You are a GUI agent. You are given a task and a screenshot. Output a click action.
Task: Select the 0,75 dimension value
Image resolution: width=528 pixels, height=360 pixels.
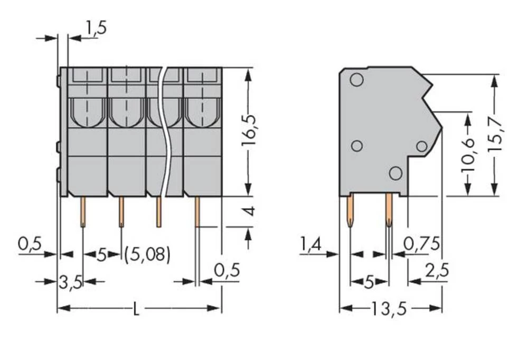pyautogui.click(x=421, y=243)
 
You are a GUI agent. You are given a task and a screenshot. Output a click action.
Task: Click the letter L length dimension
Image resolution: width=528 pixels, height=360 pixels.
pyautogui.click(x=136, y=309)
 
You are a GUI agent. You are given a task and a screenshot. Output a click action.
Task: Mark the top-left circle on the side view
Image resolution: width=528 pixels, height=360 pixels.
pyautogui.click(x=356, y=80)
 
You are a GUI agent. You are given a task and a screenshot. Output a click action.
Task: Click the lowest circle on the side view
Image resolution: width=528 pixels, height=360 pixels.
pyautogui.click(x=395, y=172)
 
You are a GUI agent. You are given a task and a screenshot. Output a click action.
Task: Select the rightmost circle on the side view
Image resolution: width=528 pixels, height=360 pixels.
pyautogui.click(x=421, y=146)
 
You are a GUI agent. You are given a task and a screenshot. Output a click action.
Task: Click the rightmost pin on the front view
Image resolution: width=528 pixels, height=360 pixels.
pyautogui.click(x=197, y=211)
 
